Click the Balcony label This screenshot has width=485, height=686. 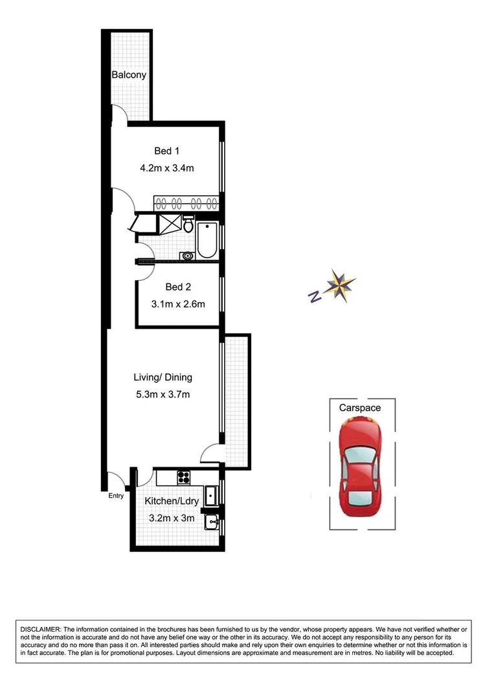(129, 75)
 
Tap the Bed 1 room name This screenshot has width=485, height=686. (166, 151)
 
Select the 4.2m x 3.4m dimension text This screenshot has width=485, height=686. (167, 168)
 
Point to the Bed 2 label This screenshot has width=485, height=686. (178, 287)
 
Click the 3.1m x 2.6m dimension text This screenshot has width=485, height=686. (179, 304)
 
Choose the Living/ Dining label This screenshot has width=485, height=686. (163, 377)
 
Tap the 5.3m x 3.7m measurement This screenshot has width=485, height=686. (162, 394)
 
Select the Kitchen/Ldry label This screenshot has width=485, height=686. (170, 501)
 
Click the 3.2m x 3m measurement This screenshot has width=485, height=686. (172, 518)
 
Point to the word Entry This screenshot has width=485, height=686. (116, 496)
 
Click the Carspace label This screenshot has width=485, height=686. (359, 408)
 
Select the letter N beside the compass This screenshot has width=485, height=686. (314, 296)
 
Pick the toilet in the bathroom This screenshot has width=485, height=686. (188, 225)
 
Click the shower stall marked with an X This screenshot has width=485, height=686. (169, 223)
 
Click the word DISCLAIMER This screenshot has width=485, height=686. (40, 629)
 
